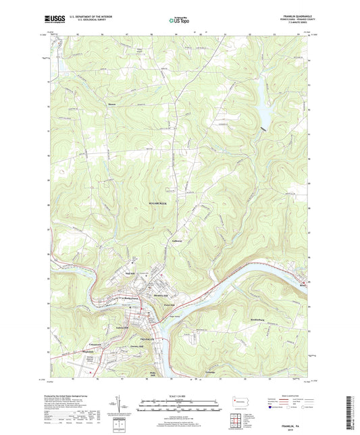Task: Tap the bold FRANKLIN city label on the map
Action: (x=147, y=338)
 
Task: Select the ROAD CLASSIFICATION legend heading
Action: (x=286, y=396)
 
